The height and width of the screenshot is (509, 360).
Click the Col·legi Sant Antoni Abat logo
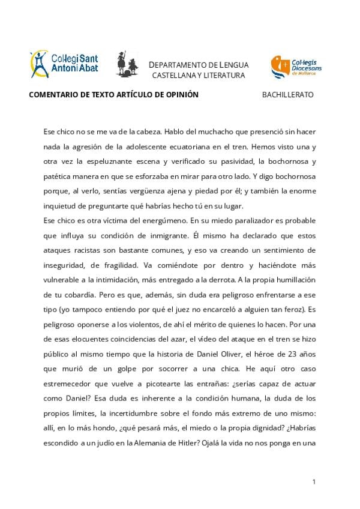(64, 64)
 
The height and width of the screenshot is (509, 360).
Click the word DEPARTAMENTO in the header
(178, 65)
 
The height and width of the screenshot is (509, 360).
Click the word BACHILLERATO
(287, 95)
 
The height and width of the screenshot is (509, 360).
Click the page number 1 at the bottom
(314, 481)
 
